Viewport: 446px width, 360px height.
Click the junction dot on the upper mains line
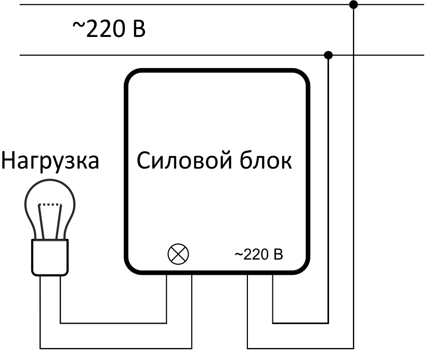pos(354,5)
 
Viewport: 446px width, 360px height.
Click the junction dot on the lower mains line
pos(328,55)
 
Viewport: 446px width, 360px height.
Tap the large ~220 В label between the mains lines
pos(109,30)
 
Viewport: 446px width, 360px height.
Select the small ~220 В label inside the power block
pos(259,255)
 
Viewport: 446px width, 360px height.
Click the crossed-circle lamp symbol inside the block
pos(178,254)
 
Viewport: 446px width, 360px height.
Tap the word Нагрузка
pos(50,161)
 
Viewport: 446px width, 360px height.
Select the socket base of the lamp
pos(50,257)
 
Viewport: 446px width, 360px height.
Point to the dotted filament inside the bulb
pos(50,205)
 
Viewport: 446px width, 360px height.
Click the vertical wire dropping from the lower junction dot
pos(328,187)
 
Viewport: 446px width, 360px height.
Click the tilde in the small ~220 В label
pos(238,255)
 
